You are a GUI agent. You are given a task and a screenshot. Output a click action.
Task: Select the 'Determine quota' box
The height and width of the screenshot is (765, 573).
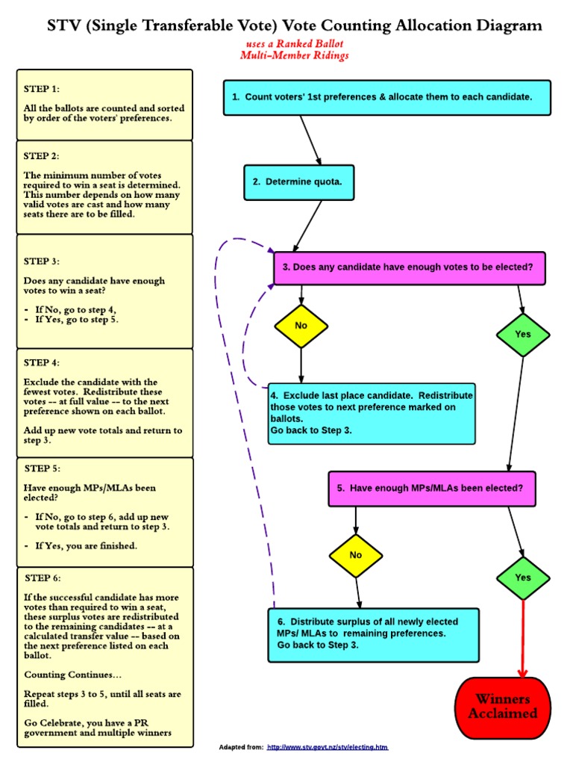pos(298,181)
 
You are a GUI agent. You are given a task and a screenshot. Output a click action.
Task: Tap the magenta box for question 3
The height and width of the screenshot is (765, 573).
pos(409,267)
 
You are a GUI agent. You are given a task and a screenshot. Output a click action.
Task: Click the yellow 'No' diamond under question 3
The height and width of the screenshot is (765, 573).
pos(301,326)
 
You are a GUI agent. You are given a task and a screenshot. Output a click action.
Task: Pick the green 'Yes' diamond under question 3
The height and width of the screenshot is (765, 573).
pos(523,334)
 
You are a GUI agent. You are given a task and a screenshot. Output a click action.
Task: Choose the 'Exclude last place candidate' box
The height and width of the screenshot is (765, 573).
pos(372,413)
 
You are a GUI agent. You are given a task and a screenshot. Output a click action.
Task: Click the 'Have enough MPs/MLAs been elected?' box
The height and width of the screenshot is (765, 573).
pos(431,488)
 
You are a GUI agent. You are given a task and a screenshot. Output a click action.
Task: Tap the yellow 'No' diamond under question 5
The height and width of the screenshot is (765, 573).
pos(355,555)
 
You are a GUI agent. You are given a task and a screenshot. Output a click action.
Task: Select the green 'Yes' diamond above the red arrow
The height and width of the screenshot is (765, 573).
pos(523,577)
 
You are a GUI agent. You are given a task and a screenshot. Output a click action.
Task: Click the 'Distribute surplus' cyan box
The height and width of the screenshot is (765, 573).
pos(373,634)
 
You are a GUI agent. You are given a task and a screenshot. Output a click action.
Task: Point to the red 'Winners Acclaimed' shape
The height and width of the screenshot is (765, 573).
pos(502,706)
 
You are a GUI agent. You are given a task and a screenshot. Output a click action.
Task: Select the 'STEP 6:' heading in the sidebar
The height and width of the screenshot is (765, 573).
pos(43,577)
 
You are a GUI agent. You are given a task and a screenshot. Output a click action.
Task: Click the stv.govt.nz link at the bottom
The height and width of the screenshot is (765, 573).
pos(327,747)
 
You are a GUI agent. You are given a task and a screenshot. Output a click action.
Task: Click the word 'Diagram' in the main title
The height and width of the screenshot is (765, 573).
pos(507,27)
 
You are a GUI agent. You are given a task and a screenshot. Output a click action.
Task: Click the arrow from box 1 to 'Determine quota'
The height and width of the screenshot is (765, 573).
pos(310,140)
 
